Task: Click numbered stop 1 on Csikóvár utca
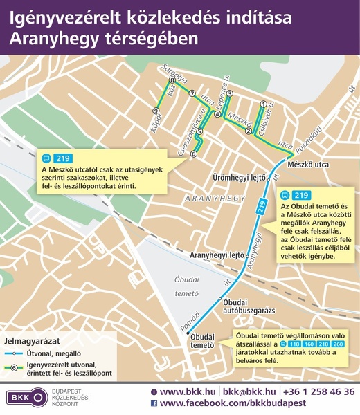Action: point(263,104)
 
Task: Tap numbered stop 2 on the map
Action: point(248,131)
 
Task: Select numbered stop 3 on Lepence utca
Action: point(229,93)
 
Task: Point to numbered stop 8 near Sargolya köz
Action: point(172,81)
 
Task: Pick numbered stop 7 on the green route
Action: point(192,95)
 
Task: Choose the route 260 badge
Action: point(338,344)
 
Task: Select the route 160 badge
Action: point(307,344)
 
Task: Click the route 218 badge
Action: point(323,344)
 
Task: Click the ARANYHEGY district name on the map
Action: point(215,199)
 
